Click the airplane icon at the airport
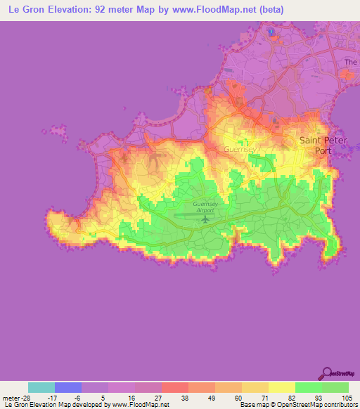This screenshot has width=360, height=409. (205, 219)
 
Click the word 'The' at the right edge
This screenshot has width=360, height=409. (351, 63)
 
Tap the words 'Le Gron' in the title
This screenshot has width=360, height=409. (27, 11)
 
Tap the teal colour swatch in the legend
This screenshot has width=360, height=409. (41, 387)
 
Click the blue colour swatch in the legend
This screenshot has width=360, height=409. (68, 387)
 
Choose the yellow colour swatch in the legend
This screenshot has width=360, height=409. (282, 387)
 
